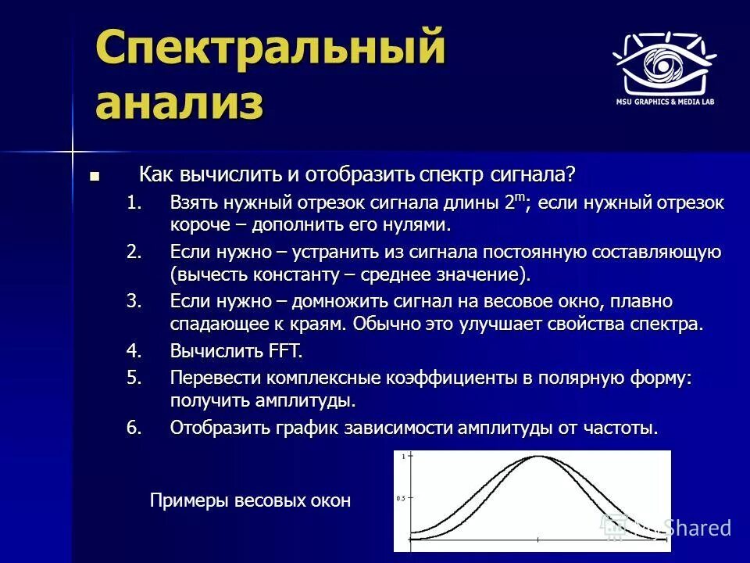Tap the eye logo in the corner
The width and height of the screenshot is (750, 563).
point(664,64)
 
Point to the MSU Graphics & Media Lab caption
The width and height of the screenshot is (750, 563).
point(664,102)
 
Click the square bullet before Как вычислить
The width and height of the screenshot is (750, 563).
point(95,176)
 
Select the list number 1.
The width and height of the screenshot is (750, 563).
point(134,203)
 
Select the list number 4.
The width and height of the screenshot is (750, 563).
point(134,351)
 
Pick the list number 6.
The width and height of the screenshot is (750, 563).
point(134,428)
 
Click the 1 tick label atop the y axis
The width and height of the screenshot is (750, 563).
point(403,456)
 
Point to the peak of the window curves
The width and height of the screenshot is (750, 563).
point(537,457)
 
